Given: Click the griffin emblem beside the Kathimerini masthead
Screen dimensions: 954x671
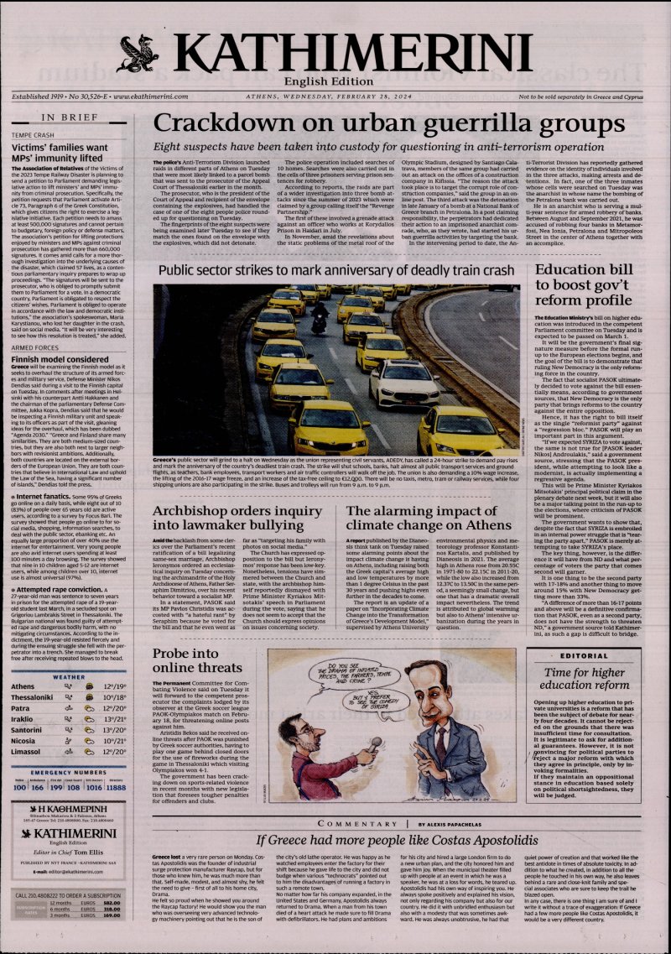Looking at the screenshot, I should [138, 55].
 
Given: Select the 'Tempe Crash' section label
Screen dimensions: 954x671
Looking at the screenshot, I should [33, 134].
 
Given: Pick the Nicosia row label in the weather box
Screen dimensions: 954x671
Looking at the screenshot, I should [23, 741].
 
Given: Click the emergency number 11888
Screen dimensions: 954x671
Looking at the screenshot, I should [116, 788].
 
